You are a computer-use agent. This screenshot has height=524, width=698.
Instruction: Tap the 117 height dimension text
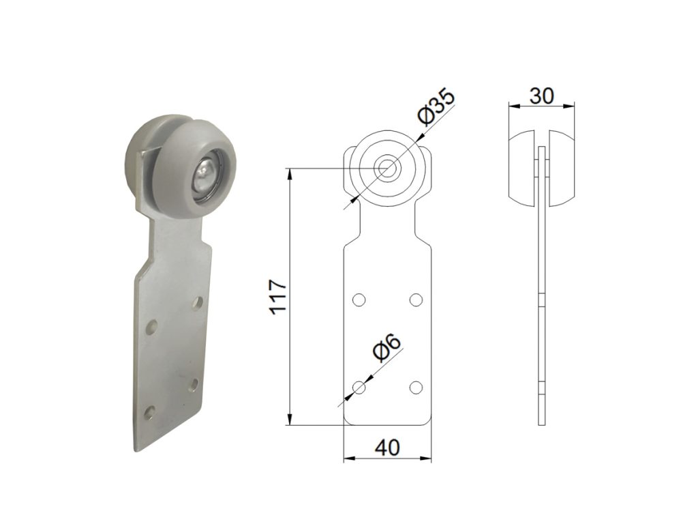pos(278,296)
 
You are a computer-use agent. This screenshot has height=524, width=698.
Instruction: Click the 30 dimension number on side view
pos(541,96)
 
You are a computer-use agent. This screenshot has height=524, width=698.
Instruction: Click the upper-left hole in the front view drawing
pos(359,300)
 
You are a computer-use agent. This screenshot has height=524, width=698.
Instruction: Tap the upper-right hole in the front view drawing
pos(416,300)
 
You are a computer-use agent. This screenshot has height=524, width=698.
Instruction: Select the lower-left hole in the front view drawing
pos(359,388)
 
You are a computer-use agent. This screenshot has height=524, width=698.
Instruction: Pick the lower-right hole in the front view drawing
pos(416,388)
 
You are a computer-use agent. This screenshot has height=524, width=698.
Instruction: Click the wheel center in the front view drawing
pos(388,169)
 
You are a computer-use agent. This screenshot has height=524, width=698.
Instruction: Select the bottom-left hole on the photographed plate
pos(149,411)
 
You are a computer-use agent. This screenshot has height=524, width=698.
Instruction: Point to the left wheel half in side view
pos(523,167)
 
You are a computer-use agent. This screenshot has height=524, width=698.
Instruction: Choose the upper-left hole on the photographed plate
pos(153,326)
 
